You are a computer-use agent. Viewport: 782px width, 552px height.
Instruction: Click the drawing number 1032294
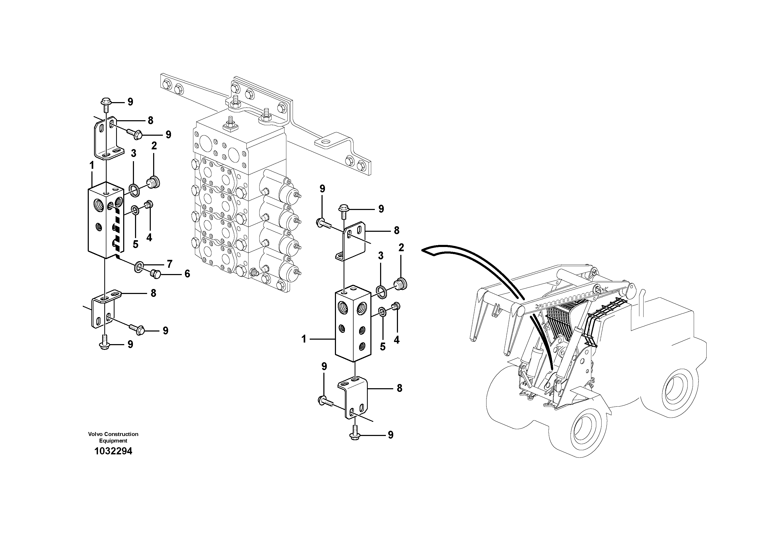coord(113,451)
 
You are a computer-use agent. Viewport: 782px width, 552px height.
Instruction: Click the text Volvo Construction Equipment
coord(113,437)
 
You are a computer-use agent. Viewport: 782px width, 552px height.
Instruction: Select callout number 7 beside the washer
coord(169,264)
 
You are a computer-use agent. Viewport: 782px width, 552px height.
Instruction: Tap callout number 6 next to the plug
coord(187,274)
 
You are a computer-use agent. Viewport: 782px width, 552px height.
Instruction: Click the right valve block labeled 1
coord(353,325)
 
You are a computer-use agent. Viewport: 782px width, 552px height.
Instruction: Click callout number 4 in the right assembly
coord(396,340)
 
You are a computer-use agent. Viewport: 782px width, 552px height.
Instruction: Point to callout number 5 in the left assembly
coord(136,244)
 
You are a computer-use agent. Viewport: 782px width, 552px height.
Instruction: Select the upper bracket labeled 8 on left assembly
coord(106,138)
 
